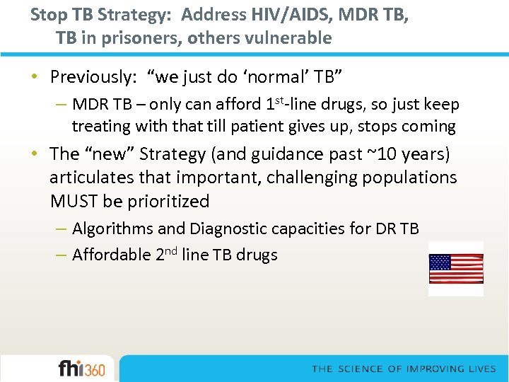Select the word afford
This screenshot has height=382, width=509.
click(x=238, y=105)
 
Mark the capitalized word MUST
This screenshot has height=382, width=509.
click(x=74, y=202)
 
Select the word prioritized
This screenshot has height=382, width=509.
click(x=169, y=202)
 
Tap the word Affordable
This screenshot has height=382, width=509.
click(x=111, y=255)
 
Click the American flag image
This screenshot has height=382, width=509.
click(x=456, y=269)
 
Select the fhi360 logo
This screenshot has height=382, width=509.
click(x=81, y=369)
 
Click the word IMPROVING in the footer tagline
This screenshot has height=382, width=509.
click(x=438, y=369)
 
